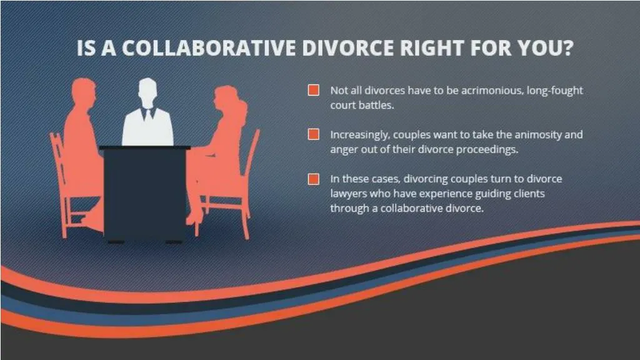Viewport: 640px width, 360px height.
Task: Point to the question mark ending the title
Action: (x=566, y=49)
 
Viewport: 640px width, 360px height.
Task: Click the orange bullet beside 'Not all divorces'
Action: (x=314, y=90)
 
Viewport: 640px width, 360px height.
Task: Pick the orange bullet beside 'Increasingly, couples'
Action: (x=314, y=134)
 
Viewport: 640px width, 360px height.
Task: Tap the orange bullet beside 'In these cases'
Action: (x=314, y=179)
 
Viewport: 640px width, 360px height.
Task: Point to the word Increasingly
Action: (x=360, y=134)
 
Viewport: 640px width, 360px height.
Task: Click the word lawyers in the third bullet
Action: (x=349, y=194)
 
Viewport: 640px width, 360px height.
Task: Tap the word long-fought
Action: (x=555, y=91)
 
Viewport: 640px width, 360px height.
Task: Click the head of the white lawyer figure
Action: (x=147, y=91)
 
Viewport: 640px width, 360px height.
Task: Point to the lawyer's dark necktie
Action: (x=147, y=114)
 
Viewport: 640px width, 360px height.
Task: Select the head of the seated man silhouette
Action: (x=83, y=92)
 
